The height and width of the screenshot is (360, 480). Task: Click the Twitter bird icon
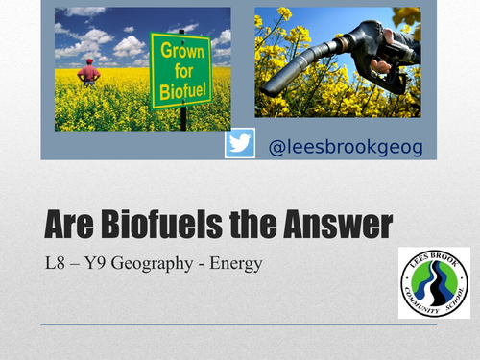(x=239, y=145)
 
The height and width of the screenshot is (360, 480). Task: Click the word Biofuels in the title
(x=167, y=226)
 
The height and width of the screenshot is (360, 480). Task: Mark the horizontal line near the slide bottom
(x=239, y=326)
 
